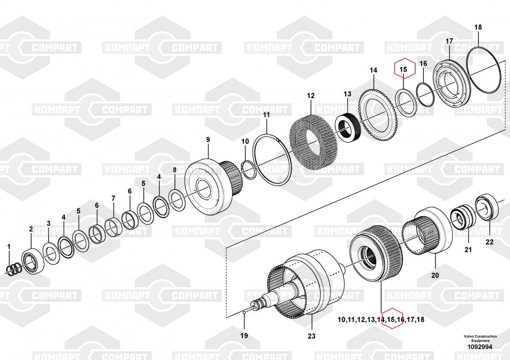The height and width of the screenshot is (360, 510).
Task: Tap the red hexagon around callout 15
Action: tap(403, 69)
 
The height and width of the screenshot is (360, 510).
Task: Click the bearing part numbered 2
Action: tap(33, 261)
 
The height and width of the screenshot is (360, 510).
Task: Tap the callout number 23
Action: tap(311, 336)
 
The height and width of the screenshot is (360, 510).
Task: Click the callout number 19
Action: tap(244, 335)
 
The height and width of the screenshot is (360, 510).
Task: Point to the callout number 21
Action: tap(468, 250)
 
